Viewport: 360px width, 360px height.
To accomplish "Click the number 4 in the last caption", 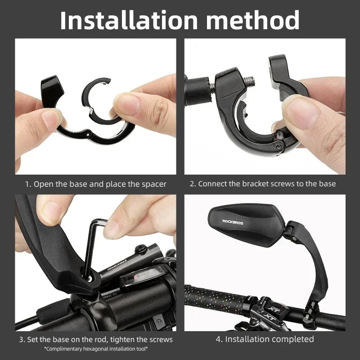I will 219,339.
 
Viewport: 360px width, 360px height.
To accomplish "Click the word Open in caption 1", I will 43,184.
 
